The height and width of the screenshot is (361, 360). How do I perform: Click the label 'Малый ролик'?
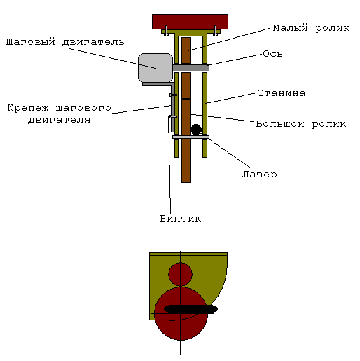pyautogui.click(x=311, y=28)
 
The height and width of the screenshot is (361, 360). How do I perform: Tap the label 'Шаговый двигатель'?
pyautogui.click(x=65, y=42)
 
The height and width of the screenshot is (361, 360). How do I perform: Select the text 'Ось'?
pyautogui.click(x=272, y=54)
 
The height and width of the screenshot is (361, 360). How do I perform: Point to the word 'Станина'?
pyautogui.click(x=282, y=93)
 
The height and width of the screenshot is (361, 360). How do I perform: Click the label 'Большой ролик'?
pyautogui.click(x=301, y=124)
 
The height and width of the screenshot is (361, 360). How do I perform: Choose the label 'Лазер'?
pyautogui.click(x=259, y=175)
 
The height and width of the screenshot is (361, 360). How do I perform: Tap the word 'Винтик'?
pyautogui.click(x=181, y=219)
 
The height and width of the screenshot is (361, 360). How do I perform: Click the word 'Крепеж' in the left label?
pyautogui.click(x=28, y=108)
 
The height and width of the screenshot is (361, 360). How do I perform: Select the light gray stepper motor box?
pyautogui.click(x=155, y=68)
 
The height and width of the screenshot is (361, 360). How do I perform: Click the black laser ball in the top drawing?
pyautogui.click(x=196, y=130)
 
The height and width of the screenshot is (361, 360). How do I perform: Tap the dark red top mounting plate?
pyautogui.click(x=190, y=22)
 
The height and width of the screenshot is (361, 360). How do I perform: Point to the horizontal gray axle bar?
pyautogui.click(x=191, y=68)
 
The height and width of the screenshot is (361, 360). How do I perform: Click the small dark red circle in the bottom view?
pyautogui.click(x=180, y=274)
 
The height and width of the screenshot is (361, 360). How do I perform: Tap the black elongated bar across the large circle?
pyautogui.click(x=191, y=308)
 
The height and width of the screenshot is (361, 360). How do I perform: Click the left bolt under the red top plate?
pyautogui.click(x=166, y=31)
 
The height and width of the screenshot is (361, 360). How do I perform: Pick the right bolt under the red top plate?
pyautogui.click(x=215, y=31)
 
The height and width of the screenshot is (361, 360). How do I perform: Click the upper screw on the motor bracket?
pyautogui.click(x=173, y=95)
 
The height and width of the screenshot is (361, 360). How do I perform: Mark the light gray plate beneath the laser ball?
pyautogui.click(x=191, y=137)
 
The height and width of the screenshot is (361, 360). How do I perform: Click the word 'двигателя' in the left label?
pyautogui.click(x=60, y=120)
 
